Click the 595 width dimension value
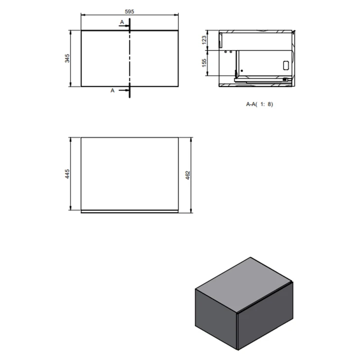tap(129, 12)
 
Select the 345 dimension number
tap(67, 58)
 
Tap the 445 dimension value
tap(67, 174)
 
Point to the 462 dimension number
tap(188, 175)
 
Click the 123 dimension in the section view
tap(204, 40)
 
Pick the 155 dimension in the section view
tap(204, 63)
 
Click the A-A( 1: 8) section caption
tap(259, 104)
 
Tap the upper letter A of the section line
tap(122, 22)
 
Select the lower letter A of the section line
tap(112, 90)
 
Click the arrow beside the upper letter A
tap(124, 26)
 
